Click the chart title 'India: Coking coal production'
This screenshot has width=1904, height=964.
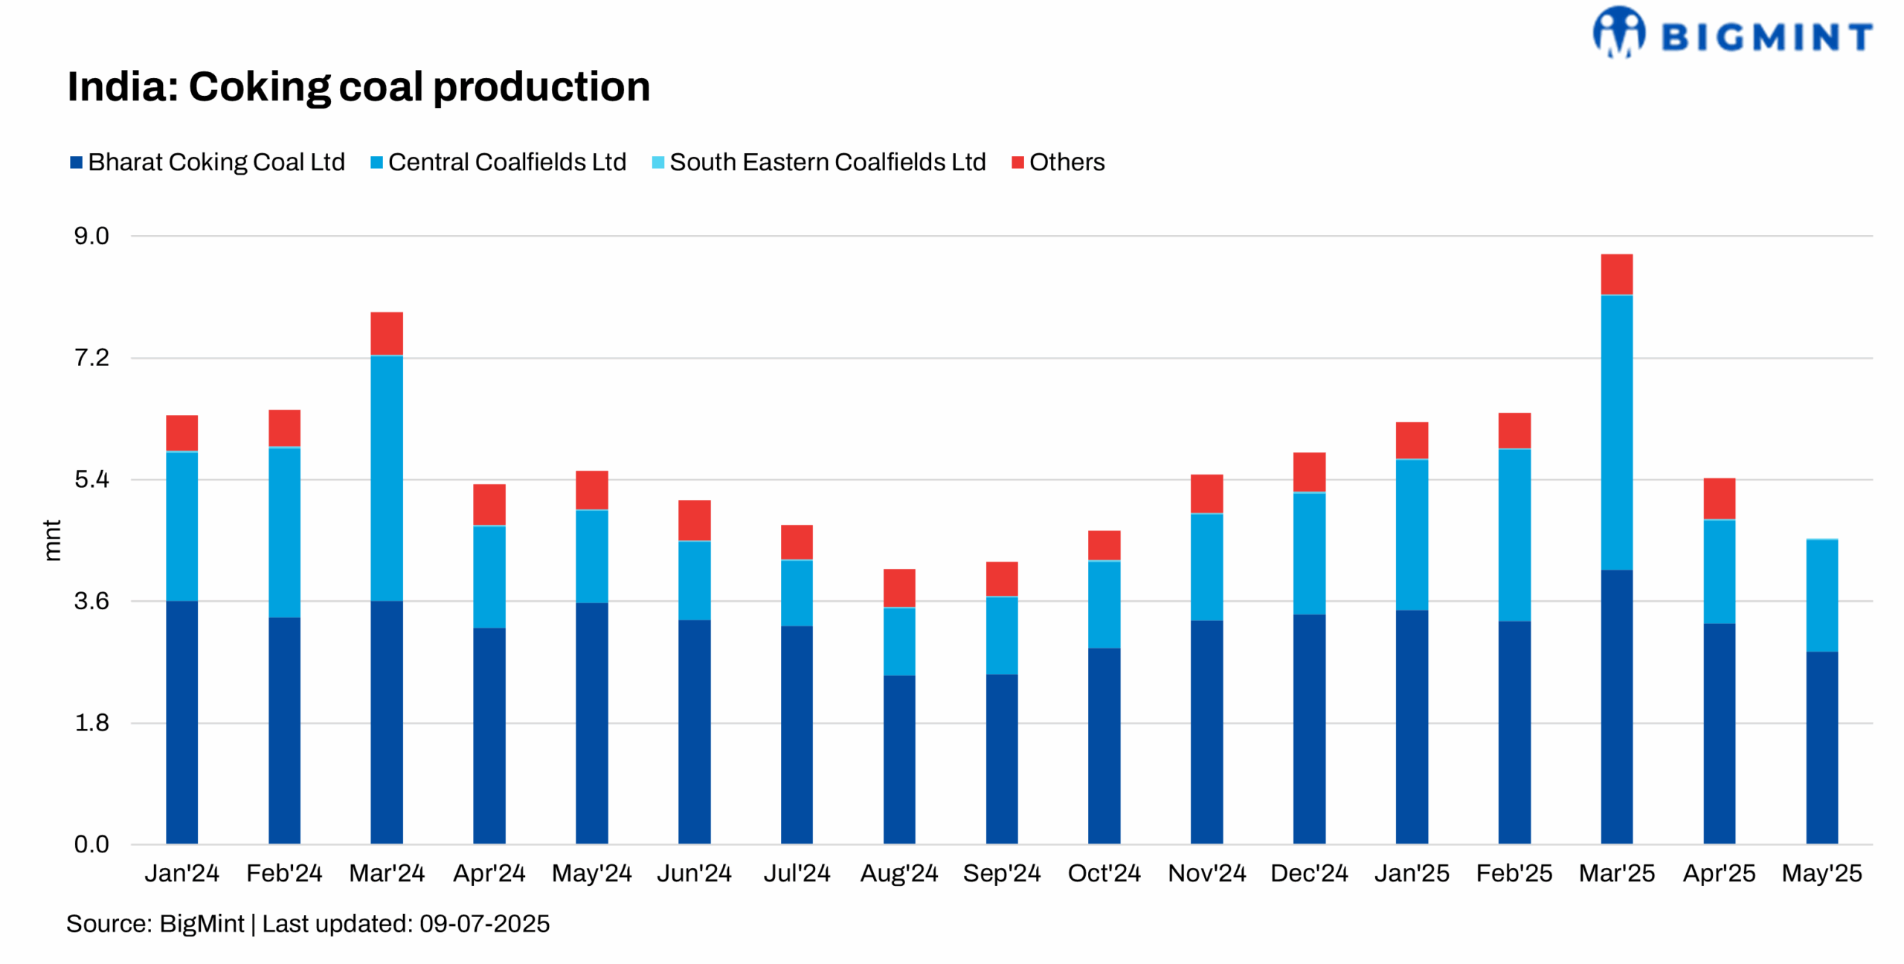[x=358, y=86]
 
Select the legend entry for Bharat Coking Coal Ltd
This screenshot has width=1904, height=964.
[x=208, y=162]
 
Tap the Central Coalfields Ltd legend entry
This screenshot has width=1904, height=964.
[x=498, y=162]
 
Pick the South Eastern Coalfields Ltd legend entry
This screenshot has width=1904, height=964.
[x=818, y=162]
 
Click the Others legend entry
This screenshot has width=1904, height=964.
[x=1058, y=162]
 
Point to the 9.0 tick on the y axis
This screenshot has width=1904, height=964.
[x=91, y=237]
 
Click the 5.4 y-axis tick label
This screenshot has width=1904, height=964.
[x=91, y=480]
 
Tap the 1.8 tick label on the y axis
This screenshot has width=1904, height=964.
[x=91, y=723]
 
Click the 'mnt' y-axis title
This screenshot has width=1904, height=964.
[x=51, y=540]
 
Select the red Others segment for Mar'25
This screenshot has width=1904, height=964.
[x=1616, y=274]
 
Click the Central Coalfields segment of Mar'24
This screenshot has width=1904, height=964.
[x=387, y=478]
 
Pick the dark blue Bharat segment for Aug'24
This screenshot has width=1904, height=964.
[x=899, y=759]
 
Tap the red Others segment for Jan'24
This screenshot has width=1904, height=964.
[x=181, y=433]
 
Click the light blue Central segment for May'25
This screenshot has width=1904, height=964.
[x=1821, y=596]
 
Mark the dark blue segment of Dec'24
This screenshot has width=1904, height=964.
[x=1309, y=729]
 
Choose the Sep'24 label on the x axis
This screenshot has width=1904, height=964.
[x=1001, y=873]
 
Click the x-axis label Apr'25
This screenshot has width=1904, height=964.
[x=1719, y=873]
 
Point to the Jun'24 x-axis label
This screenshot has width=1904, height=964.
[x=694, y=873]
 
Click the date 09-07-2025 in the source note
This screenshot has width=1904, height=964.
[x=484, y=924]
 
